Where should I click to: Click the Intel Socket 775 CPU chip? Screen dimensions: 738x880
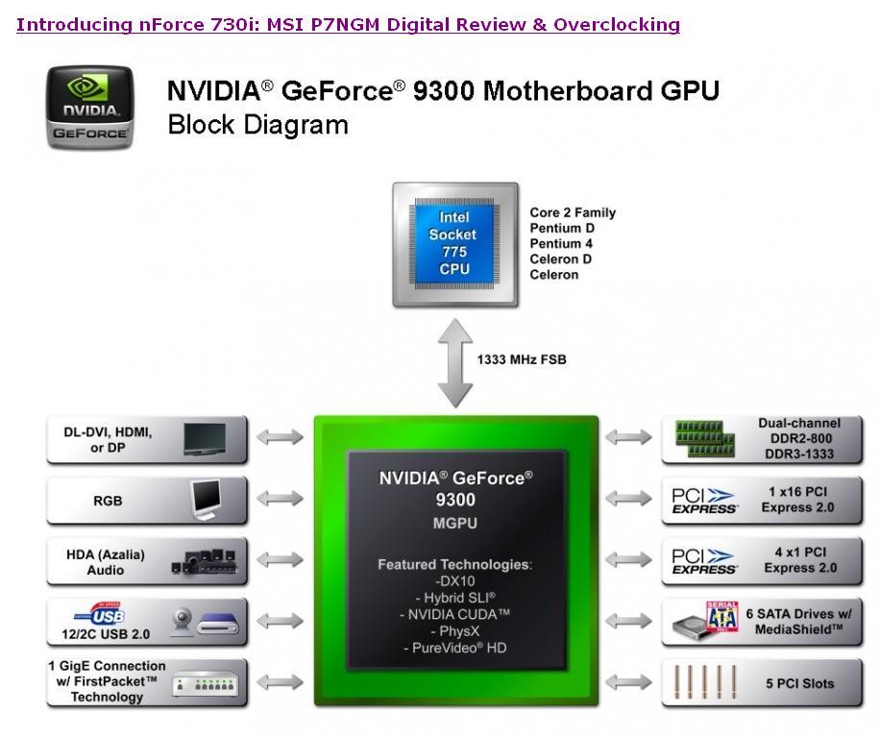point(454,243)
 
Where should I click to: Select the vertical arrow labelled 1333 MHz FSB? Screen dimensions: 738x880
point(454,362)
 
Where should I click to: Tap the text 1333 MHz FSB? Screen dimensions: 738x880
point(522,359)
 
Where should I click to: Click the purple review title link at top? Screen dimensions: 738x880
point(348,25)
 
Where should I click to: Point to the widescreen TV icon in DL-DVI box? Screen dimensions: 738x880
point(205,438)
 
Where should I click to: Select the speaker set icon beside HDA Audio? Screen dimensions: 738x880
point(203,560)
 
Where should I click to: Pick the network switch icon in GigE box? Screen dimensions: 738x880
point(205,685)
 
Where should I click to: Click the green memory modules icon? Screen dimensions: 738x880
point(704,438)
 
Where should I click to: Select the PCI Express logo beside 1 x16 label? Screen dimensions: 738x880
point(704,500)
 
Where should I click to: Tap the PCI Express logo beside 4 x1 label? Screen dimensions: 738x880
point(704,560)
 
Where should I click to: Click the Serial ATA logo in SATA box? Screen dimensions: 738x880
point(721,614)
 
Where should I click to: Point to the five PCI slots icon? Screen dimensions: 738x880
point(704,681)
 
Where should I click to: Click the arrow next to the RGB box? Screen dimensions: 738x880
point(281,499)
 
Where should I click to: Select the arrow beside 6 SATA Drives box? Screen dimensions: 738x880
point(629,621)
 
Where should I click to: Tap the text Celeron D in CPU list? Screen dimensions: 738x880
point(560,258)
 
